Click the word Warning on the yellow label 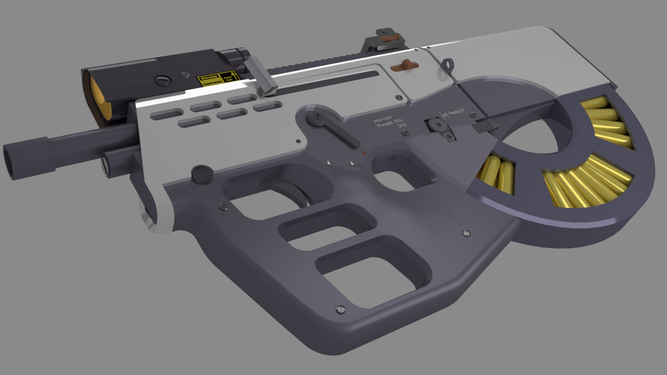click(x=208, y=77)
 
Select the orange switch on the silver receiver click(x=404, y=65)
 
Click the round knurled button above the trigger click(x=203, y=174)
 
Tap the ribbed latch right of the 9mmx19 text click(x=486, y=126)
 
